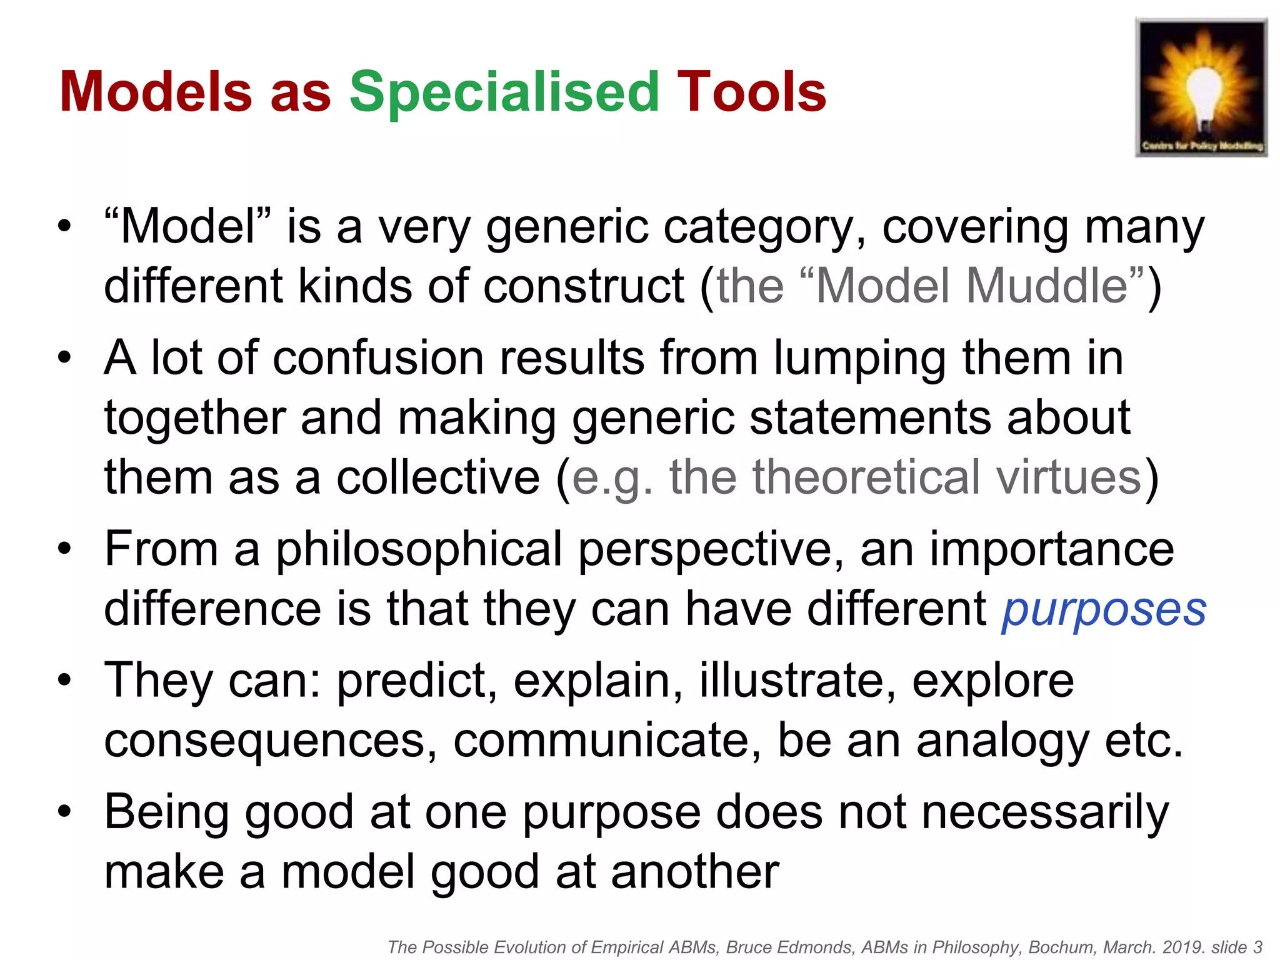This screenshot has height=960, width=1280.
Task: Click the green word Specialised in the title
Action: (504, 92)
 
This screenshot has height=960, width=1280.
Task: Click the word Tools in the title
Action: (752, 92)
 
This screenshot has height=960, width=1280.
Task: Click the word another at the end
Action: (695, 872)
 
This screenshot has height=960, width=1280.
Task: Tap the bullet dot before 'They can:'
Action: (64, 681)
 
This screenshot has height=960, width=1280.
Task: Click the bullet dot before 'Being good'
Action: (64, 812)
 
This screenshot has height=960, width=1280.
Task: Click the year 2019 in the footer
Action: (1183, 947)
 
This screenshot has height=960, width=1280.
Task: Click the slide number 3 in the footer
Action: (1258, 947)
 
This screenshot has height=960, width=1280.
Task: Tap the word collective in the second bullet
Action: (438, 477)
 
